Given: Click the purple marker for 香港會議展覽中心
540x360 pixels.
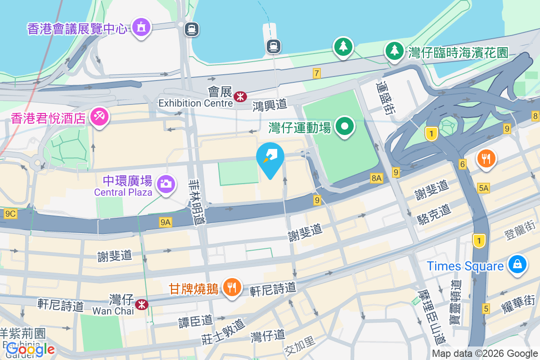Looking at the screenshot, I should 142,27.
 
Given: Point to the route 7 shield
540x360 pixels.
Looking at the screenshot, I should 317,73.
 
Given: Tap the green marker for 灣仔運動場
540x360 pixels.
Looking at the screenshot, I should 345,126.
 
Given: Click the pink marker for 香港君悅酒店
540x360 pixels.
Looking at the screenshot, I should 98,117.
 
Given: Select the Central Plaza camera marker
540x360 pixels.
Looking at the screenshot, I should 166,184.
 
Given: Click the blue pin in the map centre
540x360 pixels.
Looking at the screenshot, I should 270,158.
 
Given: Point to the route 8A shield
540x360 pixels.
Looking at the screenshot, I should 377,179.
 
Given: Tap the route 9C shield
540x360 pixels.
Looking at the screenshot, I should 10,214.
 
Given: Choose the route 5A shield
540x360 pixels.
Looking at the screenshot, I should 484,188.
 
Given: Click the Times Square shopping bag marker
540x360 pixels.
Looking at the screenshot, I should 517,264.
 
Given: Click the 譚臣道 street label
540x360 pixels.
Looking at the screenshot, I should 195,320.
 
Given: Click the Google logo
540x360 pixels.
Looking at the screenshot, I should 31,349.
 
